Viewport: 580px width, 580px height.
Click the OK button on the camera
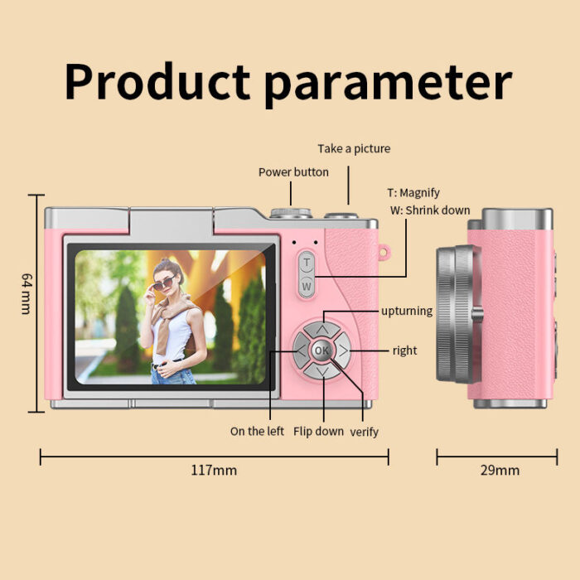(x=321, y=350)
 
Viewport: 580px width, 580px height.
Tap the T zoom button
(x=307, y=263)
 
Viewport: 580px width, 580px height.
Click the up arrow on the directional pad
(x=322, y=329)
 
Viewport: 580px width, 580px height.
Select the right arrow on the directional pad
(x=343, y=350)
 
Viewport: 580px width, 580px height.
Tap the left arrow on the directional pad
(x=301, y=350)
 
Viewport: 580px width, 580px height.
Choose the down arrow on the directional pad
(x=322, y=371)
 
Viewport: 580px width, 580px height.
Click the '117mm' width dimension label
(x=214, y=470)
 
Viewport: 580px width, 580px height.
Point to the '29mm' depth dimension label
(x=500, y=470)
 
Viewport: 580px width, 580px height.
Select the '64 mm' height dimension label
(x=27, y=293)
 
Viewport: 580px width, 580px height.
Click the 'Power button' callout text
(x=293, y=172)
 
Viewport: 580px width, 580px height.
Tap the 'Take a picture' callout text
(x=354, y=148)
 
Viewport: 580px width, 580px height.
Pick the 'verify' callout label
(x=364, y=432)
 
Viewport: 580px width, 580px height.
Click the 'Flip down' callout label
(x=318, y=432)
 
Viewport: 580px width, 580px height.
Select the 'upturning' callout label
(x=407, y=311)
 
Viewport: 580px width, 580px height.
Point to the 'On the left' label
(x=257, y=431)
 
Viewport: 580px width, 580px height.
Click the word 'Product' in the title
(x=157, y=81)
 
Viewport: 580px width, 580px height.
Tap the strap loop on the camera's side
(x=384, y=252)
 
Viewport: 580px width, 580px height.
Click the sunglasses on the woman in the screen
(x=163, y=283)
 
